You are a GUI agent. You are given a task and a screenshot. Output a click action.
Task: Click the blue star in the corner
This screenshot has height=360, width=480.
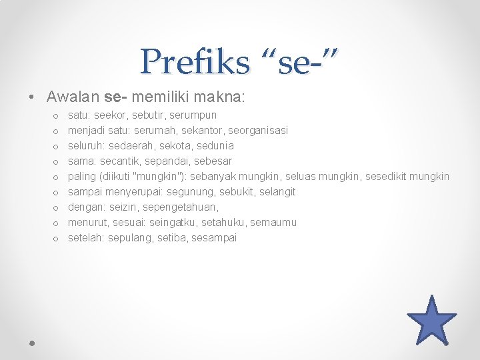431,321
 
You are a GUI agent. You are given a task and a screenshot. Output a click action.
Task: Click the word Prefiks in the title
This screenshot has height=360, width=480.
195,62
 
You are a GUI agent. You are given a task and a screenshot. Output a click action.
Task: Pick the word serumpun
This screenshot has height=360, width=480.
193,115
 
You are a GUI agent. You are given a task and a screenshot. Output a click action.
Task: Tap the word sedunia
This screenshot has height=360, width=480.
215,146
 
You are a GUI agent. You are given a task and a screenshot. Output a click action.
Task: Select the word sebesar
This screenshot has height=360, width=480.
213,161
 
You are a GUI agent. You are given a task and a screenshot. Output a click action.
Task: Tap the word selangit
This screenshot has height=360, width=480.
275,192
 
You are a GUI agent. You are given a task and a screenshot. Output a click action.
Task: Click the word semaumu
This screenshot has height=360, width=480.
273,223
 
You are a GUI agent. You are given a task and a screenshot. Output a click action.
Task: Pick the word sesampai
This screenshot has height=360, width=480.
214,238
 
